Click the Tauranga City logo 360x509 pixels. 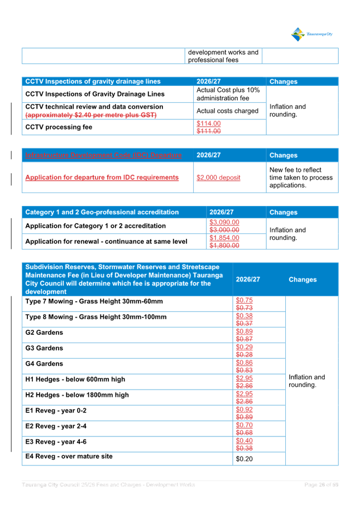tap(312, 34)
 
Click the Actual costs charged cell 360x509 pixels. tap(227, 111)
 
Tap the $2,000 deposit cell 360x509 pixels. tap(218, 177)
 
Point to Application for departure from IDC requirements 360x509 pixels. tap(102, 177)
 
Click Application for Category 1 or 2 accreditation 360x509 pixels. tap(95, 226)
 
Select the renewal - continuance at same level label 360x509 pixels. tap(106, 241)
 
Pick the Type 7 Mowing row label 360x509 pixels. tap(94, 301)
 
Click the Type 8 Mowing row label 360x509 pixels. tap(96, 317)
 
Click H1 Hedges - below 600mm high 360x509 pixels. tap(75, 380)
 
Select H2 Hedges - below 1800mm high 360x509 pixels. tap(77, 395)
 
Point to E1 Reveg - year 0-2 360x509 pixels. tap(56, 411)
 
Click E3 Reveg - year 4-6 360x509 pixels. tap(56, 442)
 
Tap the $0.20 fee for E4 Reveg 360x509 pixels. tap(244, 459)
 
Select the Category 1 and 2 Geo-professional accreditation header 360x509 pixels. tap(102, 212)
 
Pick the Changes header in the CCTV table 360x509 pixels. tap(283, 81)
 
